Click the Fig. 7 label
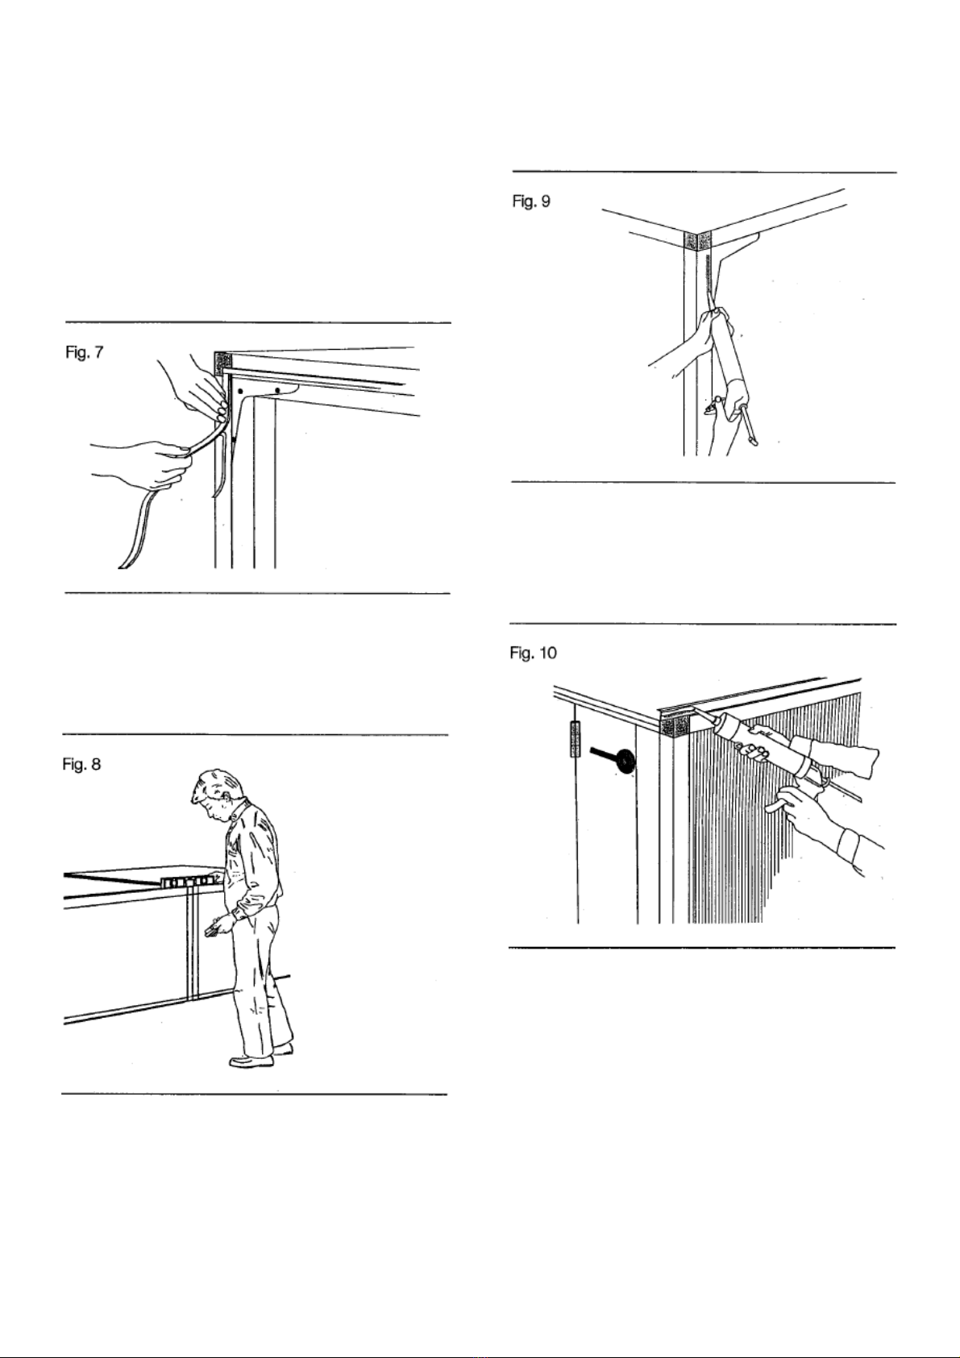pyautogui.click(x=85, y=353)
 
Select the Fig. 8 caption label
pyautogui.click(x=82, y=764)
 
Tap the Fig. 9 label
pyautogui.click(x=532, y=201)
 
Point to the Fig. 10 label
pyautogui.click(x=533, y=653)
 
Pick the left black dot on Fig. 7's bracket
pyautogui.click(x=240, y=389)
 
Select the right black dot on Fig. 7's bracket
pyautogui.click(x=277, y=389)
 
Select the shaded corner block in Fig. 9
pyautogui.click(x=697, y=240)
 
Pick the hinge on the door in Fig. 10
pyautogui.click(x=575, y=739)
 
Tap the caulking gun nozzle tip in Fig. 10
pyautogui.click(x=694, y=712)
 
